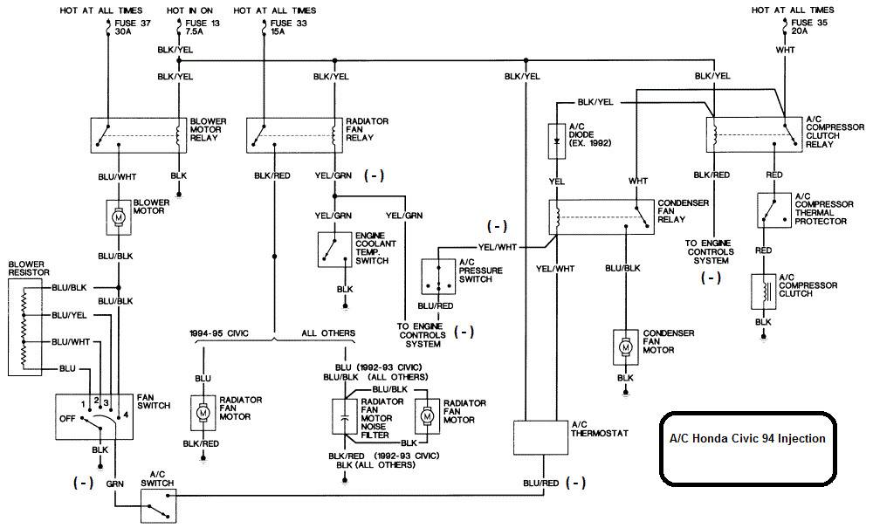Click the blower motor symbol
(x=118, y=217)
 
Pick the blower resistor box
(x=25, y=326)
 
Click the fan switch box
(x=94, y=416)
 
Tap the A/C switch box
(x=158, y=505)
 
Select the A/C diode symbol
(x=557, y=141)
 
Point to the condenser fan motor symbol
(x=626, y=347)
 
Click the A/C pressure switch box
(x=439, y=276)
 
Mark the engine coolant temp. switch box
(x=335, y=250)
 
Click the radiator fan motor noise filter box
(x=345, y=416)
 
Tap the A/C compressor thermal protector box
(x=773, y=210)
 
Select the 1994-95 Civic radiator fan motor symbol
(x=203, y=413)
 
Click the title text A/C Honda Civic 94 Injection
(x=747, y=438)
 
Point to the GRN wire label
(x=114, y=484)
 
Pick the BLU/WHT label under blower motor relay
(x=118, y=177)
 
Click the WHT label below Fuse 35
(x=785, y=50)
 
